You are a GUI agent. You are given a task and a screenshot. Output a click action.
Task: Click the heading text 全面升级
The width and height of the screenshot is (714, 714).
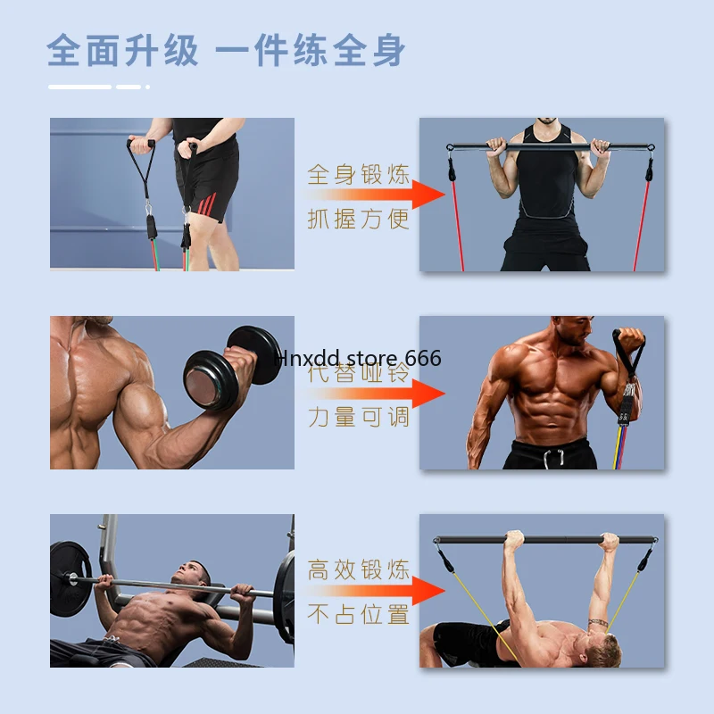pos(123,50)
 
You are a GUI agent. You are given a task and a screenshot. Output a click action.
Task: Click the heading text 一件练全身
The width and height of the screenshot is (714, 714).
pos(311,50)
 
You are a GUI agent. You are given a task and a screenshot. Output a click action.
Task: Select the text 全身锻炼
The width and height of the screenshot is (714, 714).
pos(359,173)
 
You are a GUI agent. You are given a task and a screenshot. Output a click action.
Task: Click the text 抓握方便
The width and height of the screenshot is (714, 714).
pos(359,219)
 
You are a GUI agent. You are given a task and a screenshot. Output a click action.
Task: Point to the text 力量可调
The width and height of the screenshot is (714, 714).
pos(359,416)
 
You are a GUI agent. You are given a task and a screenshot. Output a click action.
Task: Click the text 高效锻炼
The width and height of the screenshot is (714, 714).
pos(359,569)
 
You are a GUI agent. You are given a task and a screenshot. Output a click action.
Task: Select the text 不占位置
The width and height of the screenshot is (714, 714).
pos(359,614)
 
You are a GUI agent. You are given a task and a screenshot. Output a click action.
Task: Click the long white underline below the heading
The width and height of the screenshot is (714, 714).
pos(79,87)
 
